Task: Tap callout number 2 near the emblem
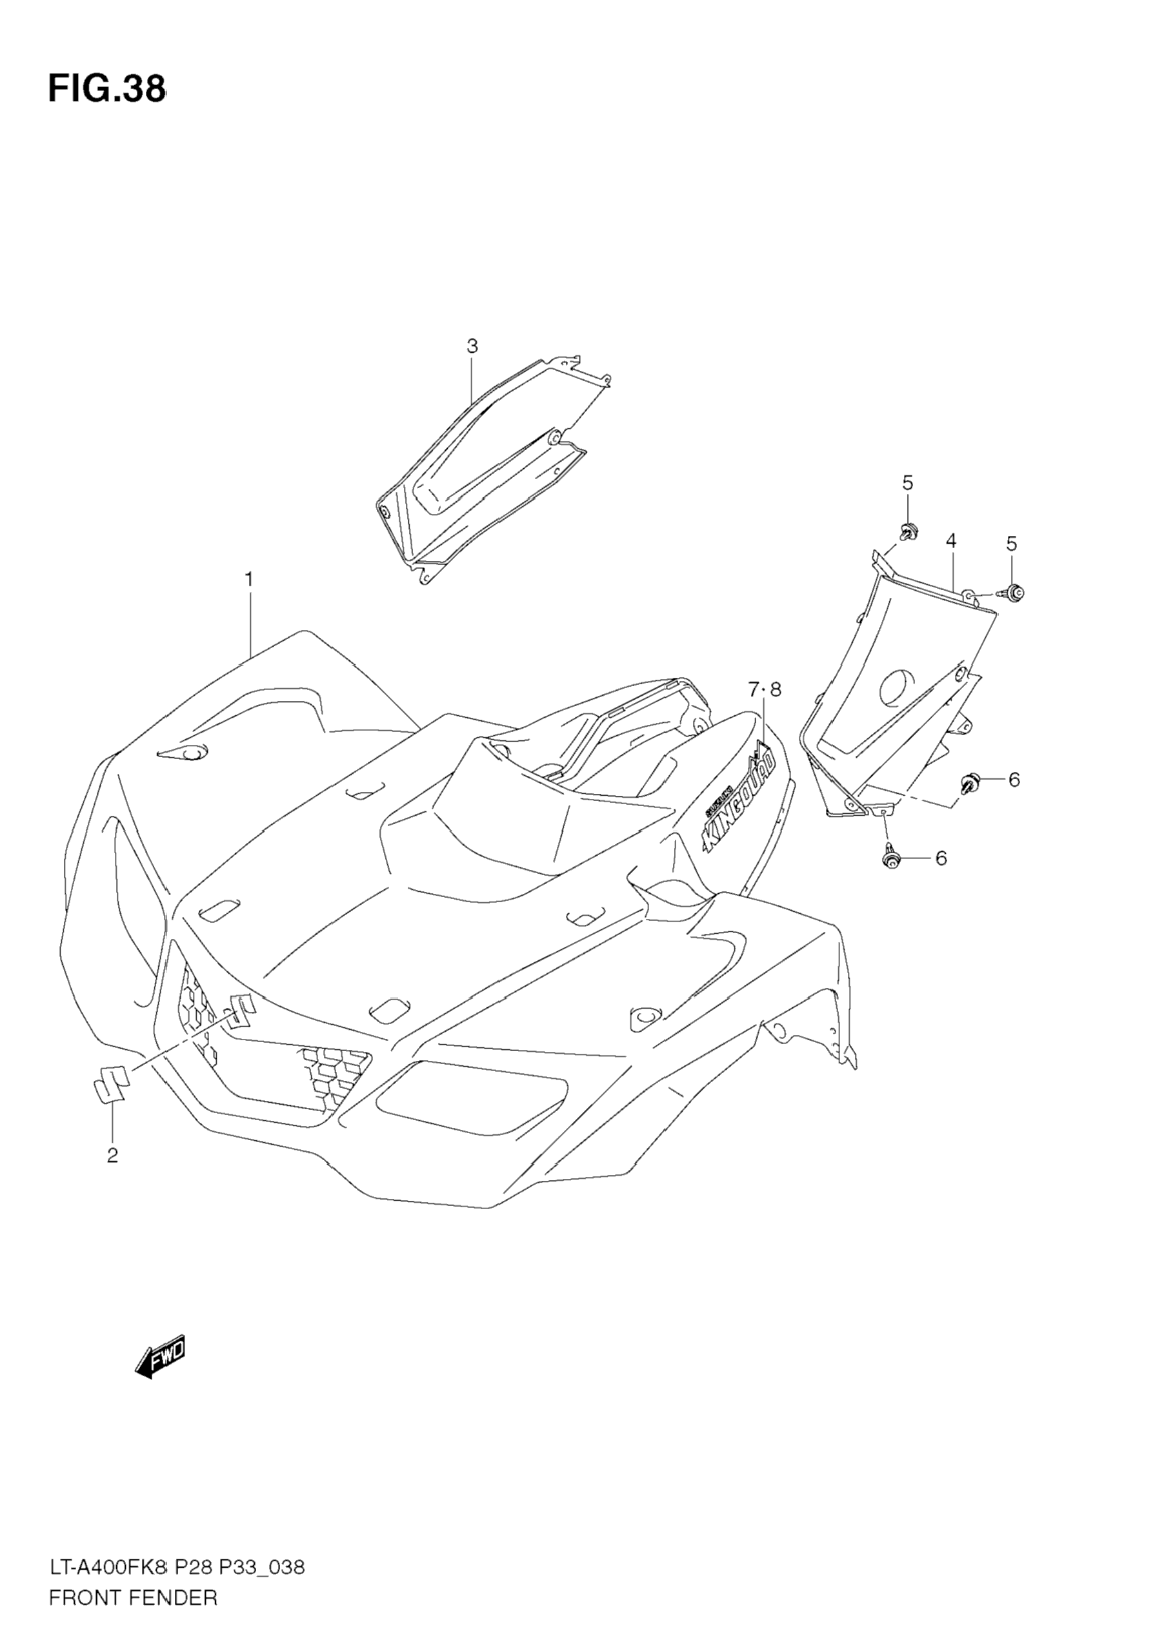point(112,1155)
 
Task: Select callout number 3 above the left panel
point(472,346)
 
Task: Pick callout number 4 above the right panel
point(950,541)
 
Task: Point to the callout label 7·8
point(764,690)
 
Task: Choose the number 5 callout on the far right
point(1012,544)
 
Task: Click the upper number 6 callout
point(1014,778)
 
